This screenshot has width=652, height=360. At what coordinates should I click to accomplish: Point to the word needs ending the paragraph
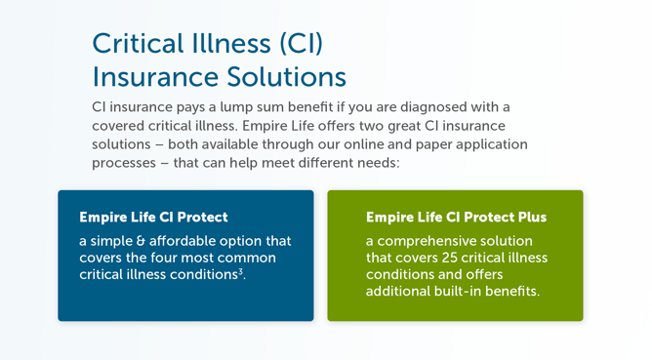point(376,163)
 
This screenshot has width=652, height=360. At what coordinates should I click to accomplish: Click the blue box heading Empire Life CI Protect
point(153,217)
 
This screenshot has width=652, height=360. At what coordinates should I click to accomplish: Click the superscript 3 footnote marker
point(241,272)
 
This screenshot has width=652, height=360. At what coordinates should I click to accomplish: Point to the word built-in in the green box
point(474,292)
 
